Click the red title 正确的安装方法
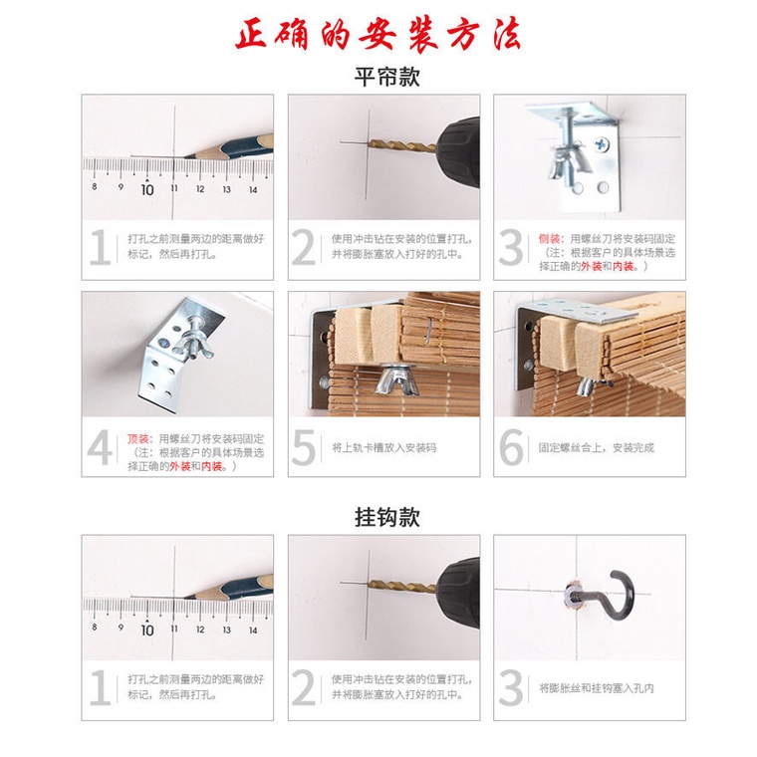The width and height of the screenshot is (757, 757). click(378, 34)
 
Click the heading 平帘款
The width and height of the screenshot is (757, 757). click(387, 77)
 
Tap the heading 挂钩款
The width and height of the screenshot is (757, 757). click(387, 517)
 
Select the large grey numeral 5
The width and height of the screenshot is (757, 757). click(304, 447)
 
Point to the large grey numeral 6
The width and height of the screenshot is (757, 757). click(511, 447)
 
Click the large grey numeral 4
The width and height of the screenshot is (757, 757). click(100, 447)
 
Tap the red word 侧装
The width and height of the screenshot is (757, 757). click(549, 239)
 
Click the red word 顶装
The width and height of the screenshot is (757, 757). click(137, 439)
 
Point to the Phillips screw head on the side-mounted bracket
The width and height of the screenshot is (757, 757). click(602, 143)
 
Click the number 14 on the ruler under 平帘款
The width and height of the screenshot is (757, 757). click(253, 189)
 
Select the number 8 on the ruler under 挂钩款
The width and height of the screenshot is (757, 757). click(95, 627)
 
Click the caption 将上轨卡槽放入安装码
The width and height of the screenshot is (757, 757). click(383, 448)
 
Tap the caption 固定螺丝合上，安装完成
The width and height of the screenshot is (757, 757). click(597, 448)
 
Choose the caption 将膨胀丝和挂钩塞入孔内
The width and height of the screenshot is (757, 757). click(597, 688)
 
